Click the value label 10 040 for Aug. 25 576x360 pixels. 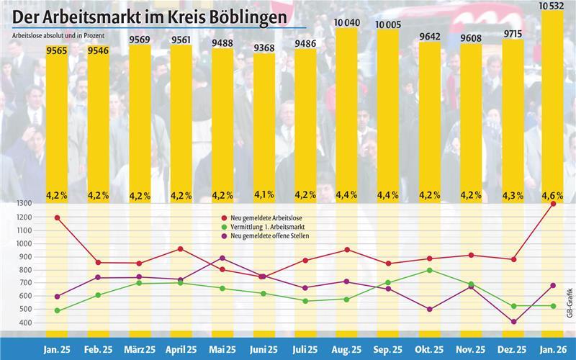[347, 24]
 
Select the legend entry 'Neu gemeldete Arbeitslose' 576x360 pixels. [267, 217]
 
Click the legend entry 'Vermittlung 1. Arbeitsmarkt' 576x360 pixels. [269, 226]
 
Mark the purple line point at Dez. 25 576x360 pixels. [513, 322]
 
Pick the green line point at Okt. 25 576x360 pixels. [430, 270]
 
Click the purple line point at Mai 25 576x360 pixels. [222, 258]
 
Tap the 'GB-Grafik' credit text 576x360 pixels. [569, 302]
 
